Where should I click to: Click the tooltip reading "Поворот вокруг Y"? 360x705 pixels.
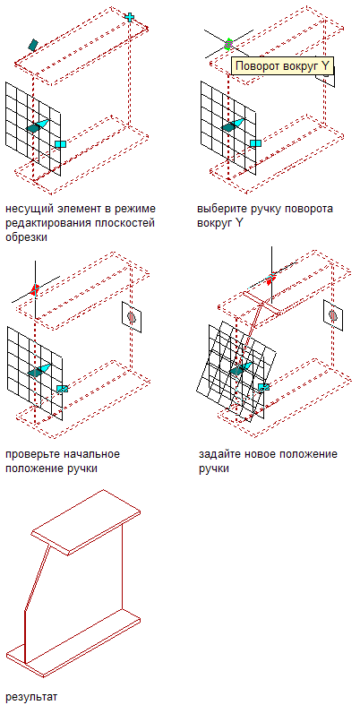point(283,66)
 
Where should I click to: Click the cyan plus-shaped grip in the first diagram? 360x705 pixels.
point(130,18)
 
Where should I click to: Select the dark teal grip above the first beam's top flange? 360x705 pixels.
point(33,44)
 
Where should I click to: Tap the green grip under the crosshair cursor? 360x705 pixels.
point(227,44)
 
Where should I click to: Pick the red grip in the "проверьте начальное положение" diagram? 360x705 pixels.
point(35,290)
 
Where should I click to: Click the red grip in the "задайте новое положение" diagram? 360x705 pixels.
point(270,279)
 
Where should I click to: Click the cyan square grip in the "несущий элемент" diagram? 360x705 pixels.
point(60,144)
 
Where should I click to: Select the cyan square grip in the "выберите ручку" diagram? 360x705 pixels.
point(255,143)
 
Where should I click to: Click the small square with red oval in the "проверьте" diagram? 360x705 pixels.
point(132,317)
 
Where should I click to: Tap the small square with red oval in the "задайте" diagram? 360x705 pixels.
point(333,316)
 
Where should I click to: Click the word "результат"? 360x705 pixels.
point(31,697)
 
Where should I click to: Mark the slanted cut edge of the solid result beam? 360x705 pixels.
point(36,577)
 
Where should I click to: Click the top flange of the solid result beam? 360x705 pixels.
point(86,522)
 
